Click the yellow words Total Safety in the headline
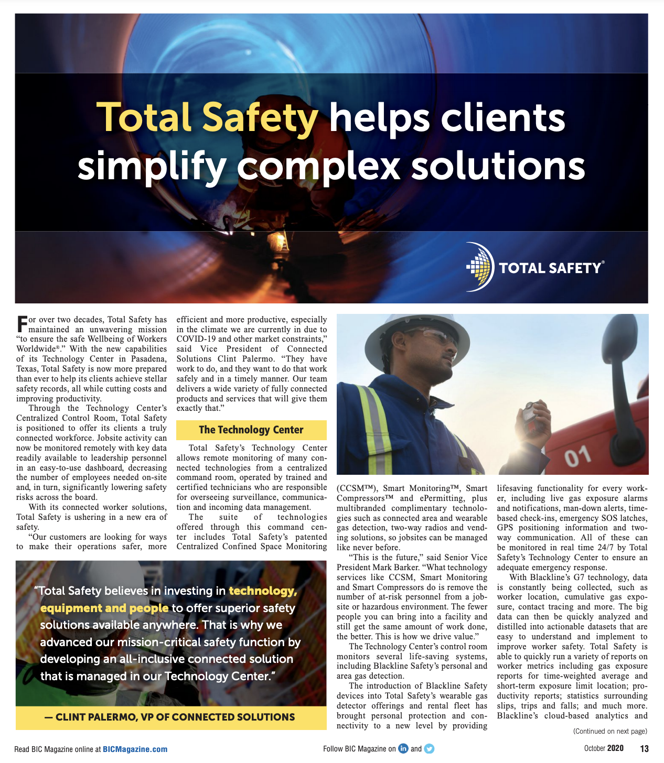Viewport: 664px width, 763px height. tap(207, 117)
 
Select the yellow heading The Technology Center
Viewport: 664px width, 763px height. tap(251, 430)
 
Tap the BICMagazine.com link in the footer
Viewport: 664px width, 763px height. tap(135, 749)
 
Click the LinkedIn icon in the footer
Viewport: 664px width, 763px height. tap(403, 748)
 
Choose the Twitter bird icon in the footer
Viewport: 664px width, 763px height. tap(429, 748)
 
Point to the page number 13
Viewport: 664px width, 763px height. tap(644, 748)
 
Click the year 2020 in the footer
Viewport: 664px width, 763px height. tap(615, 748)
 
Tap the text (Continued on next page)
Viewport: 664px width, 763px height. tap(610, 731)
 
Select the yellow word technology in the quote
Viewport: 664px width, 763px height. tap(263, 591)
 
